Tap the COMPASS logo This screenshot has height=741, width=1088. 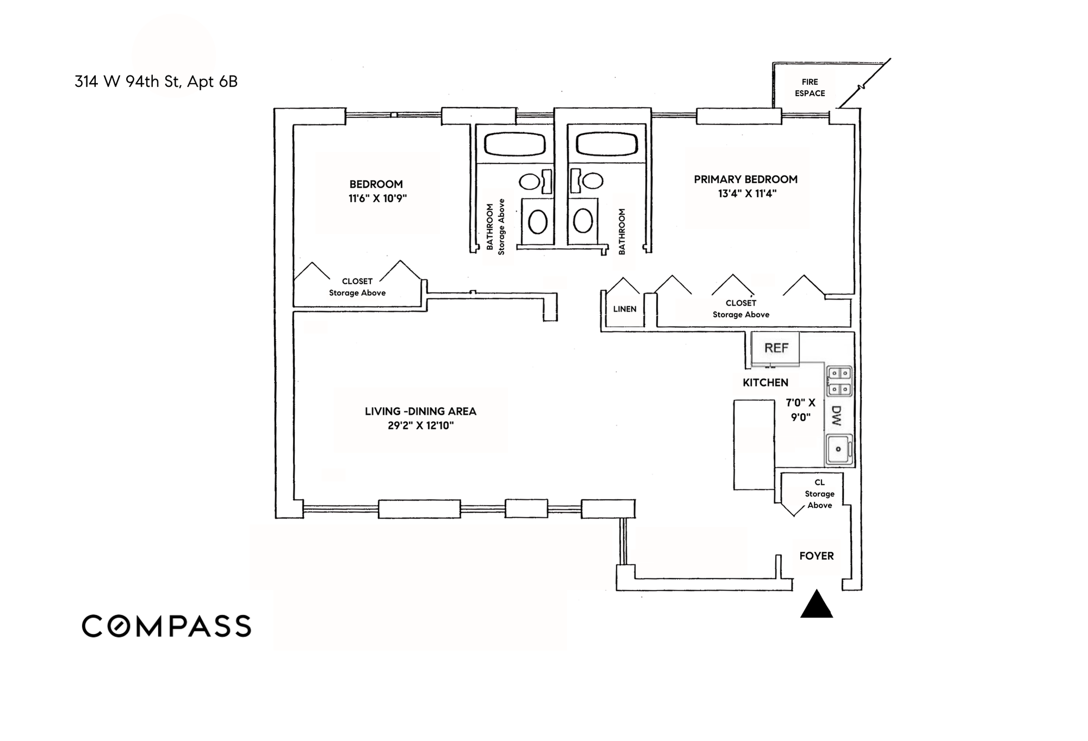(x=166, y=626)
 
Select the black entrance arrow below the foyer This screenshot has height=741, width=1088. (x=817, y=605)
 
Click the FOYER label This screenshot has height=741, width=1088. (x=817, y=556)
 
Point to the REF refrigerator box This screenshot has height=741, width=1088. (x=776, y=348)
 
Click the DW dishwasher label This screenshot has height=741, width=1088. (x=836, y=416)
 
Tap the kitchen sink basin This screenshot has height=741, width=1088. (x=838, y=449)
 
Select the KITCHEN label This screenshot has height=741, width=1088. (x=765, y=383)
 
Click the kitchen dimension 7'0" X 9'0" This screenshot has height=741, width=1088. (x=801, y=410)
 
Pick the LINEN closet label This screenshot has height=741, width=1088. (x=625, y=309)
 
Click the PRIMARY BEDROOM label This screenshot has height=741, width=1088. (x=746, y=179)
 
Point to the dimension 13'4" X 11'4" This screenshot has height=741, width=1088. (x=747, y=194)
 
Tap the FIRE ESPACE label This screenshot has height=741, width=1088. (x=809, y=88)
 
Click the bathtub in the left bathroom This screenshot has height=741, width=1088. (x=515, y=145)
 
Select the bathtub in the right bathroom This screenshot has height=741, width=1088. (x=607, y=145)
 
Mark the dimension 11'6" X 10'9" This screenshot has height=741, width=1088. (x=378, y=198)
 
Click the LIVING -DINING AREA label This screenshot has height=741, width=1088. (x=421, y=412)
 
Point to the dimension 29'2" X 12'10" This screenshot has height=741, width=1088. (x=421, y=426)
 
